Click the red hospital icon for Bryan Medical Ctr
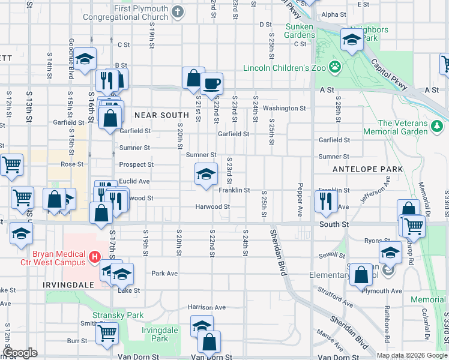point(94,258)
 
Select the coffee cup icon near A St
point(211,84)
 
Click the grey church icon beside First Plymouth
point(177,11)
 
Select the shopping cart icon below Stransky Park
point(107,333)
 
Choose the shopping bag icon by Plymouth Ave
point(363,275)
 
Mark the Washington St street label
point(284,108)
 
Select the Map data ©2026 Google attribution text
point(411,355)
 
